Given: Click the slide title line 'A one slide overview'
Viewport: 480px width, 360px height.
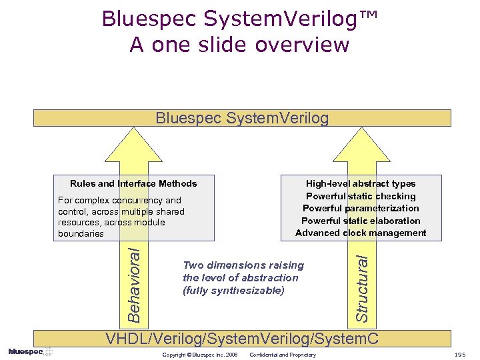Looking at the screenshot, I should point(239,45).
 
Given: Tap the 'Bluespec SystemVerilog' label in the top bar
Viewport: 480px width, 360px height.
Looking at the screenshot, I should point(242,119).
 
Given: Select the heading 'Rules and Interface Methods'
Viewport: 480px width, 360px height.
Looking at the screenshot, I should point(133,183).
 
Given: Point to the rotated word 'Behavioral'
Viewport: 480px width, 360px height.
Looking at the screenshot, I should point(134,283).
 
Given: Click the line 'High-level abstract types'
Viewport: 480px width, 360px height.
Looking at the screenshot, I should point(361,183).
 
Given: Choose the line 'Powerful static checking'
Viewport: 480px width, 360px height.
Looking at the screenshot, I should point(361,196).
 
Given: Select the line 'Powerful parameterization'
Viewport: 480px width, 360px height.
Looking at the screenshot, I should point(361,208).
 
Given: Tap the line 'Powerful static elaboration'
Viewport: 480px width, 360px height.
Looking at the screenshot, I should point(361,221).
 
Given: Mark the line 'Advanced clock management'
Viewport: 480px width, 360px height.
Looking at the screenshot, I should point(361,233).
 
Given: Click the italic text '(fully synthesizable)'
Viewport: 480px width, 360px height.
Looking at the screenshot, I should point(233,290).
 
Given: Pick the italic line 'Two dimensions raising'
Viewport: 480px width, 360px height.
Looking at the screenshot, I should point(243,265).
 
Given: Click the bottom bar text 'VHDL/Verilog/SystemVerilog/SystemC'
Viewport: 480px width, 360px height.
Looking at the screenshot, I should point(242,339).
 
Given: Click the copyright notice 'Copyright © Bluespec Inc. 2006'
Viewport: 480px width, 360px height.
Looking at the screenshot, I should point(200,355).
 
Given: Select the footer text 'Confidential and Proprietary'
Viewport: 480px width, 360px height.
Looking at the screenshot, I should point(283,355).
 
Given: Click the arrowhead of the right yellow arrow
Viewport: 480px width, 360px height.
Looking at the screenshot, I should point(361,143).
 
